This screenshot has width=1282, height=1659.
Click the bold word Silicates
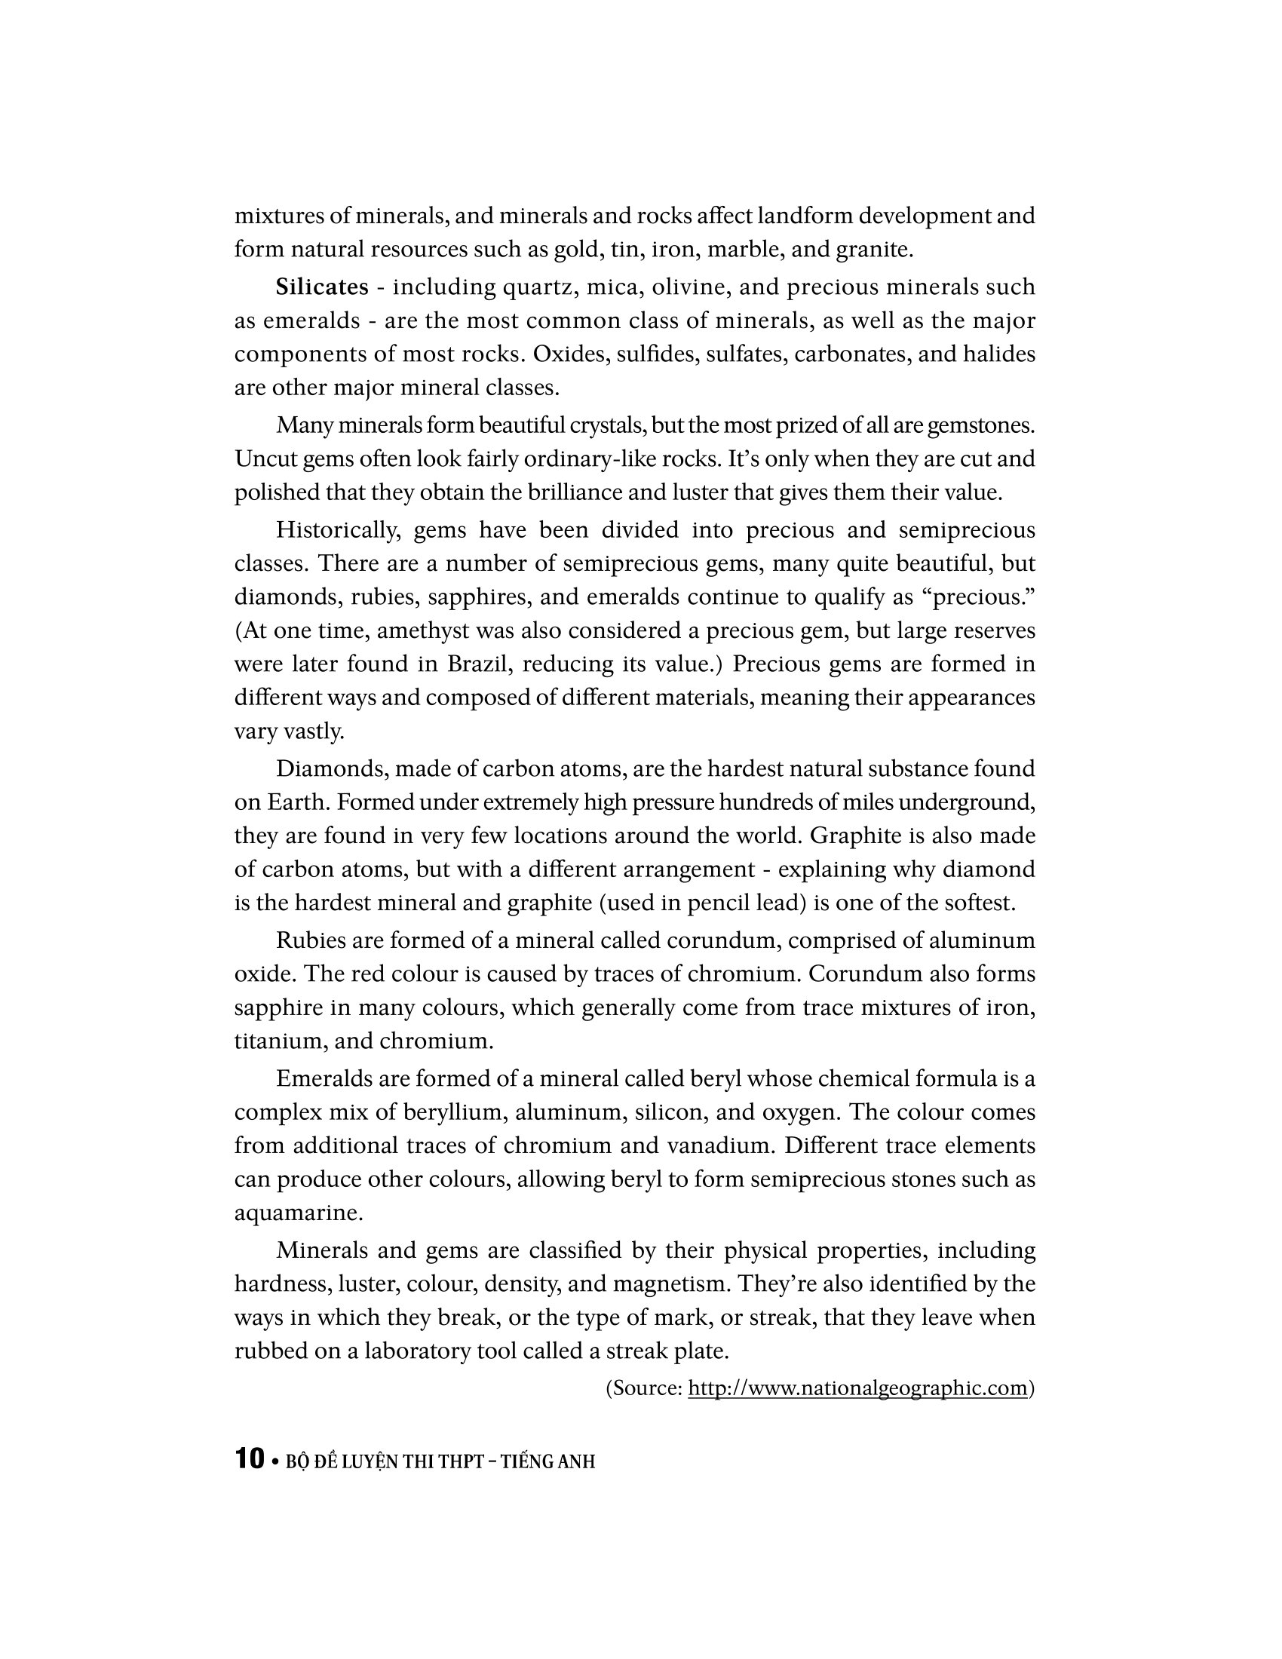tap(322, 287)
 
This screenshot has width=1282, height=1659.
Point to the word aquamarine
tap(297, 1213)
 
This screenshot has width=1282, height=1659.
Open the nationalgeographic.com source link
tap(857, 1388)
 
